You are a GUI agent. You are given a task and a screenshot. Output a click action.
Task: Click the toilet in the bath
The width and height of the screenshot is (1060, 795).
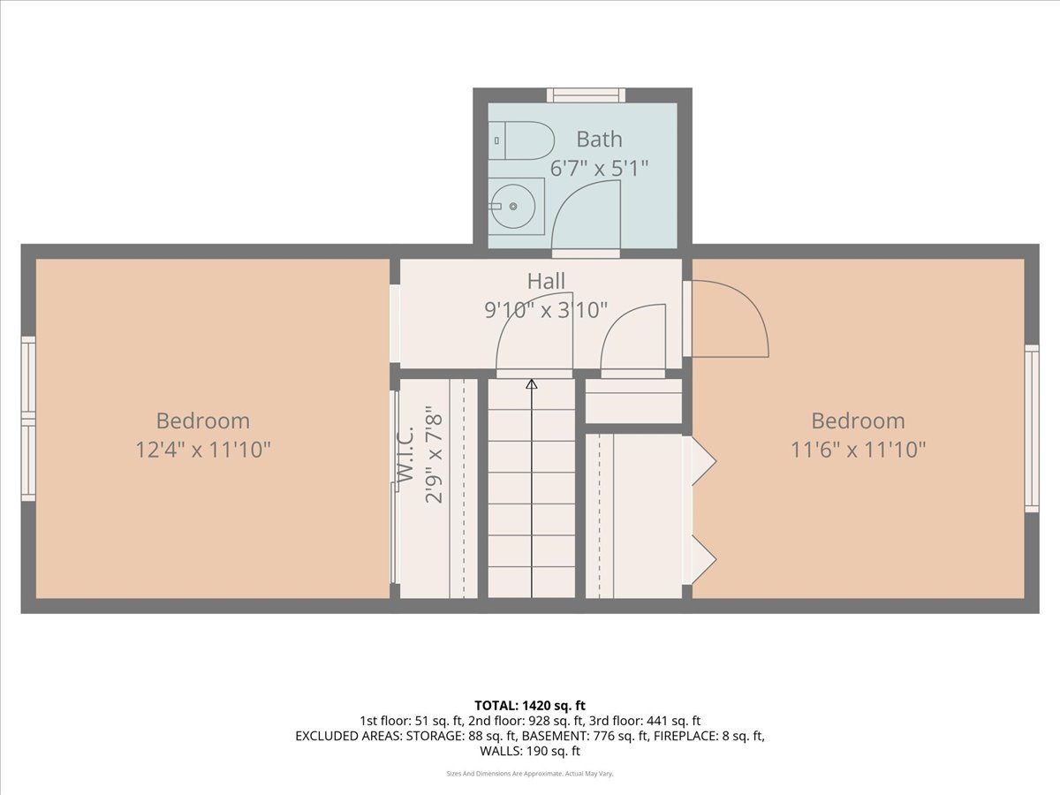click(x=520, y=140)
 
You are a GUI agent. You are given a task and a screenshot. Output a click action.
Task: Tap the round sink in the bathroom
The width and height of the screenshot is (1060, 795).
click(x=513, y=206)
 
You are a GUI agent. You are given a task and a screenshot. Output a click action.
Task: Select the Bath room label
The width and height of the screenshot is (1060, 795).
click(x=599, y=140)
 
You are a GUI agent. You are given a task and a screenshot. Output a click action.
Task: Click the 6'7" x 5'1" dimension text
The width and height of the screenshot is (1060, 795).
click(x=599, y=169)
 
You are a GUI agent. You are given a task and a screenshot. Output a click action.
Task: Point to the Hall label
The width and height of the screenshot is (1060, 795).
click(x=546, y=281)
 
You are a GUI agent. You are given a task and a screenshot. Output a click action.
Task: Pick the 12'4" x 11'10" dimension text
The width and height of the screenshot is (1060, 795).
click(x=203, y=450)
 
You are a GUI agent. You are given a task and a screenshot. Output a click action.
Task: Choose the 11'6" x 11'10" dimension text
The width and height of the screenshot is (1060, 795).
click(x=858, y=450)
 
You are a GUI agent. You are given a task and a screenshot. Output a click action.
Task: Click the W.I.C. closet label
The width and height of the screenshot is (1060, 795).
click(x=405, y=453)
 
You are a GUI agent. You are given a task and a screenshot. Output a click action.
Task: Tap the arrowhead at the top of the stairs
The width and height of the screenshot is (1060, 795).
click(x=532, y=384)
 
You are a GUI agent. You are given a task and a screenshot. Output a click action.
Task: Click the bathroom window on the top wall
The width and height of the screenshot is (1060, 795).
click(x=586, y=95)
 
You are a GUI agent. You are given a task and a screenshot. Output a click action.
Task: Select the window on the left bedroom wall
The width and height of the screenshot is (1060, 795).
click(x=28, y=419)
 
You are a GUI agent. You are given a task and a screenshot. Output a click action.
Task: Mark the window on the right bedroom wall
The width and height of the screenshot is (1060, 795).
click(x=1032, y=428)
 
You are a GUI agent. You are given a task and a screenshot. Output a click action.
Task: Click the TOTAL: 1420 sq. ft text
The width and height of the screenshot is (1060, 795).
click(x=530, y=706)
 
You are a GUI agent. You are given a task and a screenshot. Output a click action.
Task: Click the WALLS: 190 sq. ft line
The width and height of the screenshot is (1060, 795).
click(x=530, y=751)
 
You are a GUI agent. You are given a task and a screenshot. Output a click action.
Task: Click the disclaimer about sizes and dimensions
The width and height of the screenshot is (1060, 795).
click(x=530, y=774)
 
